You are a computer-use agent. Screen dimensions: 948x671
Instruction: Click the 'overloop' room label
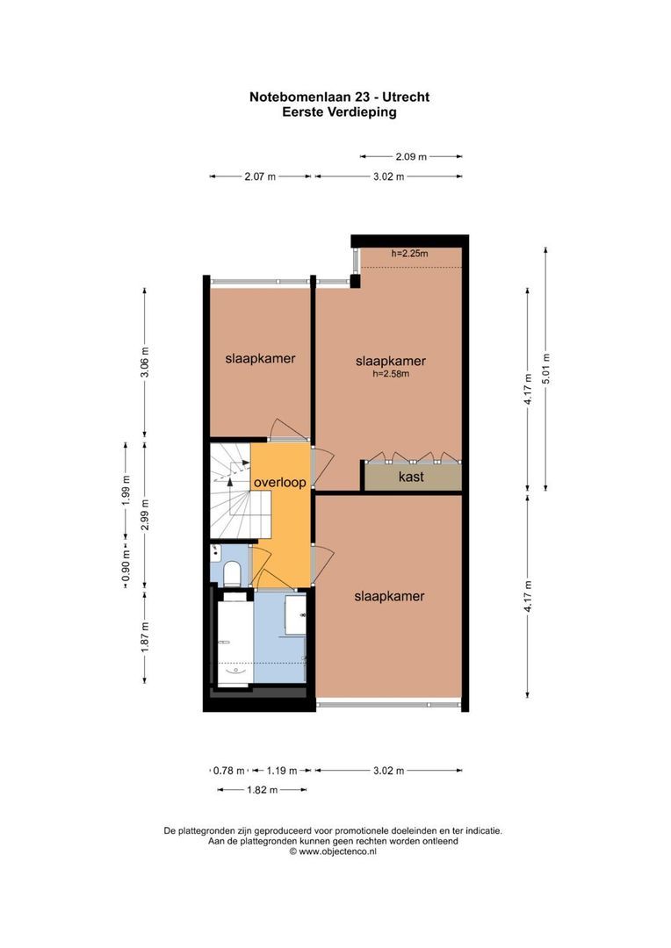pyautogui.click(x=280, y=483)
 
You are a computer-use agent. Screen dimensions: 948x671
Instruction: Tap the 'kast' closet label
pyautogui.click(x=411, y=477)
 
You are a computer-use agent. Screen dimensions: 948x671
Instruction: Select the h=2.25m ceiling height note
pyautogui.click(x=409, y=254)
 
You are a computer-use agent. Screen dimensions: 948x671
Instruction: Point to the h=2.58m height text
pyautogui.click(x=391, y=374)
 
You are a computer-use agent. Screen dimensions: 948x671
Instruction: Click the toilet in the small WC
pyautogui.click(x=233, y=574)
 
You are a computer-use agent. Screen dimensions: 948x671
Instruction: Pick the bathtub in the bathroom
pyautogui.click(x=235, y=641)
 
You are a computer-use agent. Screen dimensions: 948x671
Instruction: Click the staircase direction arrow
pyautogui.click(x=230, y=475)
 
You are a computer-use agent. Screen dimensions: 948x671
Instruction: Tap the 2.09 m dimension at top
pyautogui.click(x=411, y=156)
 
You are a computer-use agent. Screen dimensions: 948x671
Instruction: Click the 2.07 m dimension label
pyautogui.click(x=260, y=176)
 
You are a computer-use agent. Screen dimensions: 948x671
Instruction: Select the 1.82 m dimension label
pyautogui.click(x=262, y=790)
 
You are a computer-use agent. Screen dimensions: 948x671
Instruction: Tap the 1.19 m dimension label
pyautogui.click(x=281, y=771)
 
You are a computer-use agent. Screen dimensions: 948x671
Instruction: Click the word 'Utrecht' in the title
pyautogui.click(x=399, y=97)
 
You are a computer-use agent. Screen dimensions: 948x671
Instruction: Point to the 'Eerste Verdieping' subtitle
pyautogui.click(x=339, y=111)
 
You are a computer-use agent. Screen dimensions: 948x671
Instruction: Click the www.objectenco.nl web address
pyautogui.click(x=337, y=851)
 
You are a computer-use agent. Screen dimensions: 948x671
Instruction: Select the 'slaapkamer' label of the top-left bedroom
pyautogui.click(x=260, y=358)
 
